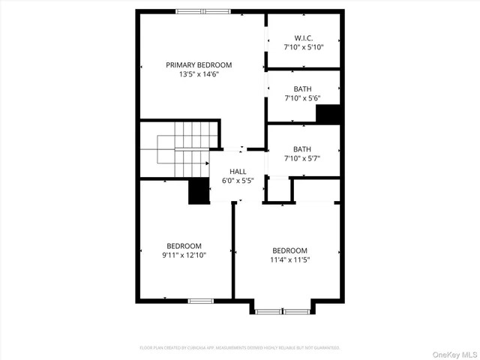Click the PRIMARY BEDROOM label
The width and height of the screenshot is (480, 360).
[199, 65]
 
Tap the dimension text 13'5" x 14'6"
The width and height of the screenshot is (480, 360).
[199, 74]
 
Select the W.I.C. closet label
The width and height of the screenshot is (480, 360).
[303, 37]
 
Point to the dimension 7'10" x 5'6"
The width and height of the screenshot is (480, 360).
[303, 97]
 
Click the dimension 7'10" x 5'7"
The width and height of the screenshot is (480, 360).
[303, 157]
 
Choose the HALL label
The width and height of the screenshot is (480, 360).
[238, 172]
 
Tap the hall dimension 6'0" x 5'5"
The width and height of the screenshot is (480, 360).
[238, 181]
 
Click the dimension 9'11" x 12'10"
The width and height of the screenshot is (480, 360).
[184, 255]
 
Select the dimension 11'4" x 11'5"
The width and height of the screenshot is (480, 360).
[289, 259]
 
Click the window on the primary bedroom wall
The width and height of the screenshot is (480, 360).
[203, 11]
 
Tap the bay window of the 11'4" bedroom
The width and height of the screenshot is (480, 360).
[282, 310]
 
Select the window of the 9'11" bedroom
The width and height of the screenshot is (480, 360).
[200, 301]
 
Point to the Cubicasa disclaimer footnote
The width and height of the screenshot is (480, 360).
[240, 348]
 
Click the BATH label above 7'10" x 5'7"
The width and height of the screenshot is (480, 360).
[302, 148]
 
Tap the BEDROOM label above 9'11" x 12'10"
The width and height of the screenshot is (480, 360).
[184, 246]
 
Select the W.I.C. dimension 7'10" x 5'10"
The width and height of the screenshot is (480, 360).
[303, 46]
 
